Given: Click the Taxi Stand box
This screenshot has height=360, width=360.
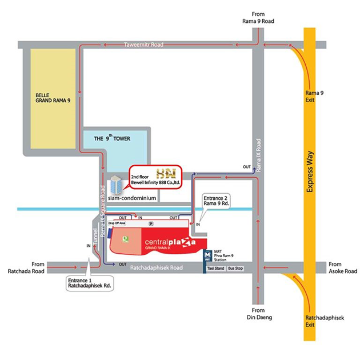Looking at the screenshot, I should tap(215, 268).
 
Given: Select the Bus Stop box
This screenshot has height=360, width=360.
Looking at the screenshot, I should tap(235, 268).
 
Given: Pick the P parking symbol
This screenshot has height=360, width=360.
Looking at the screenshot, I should tap(151, 223).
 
